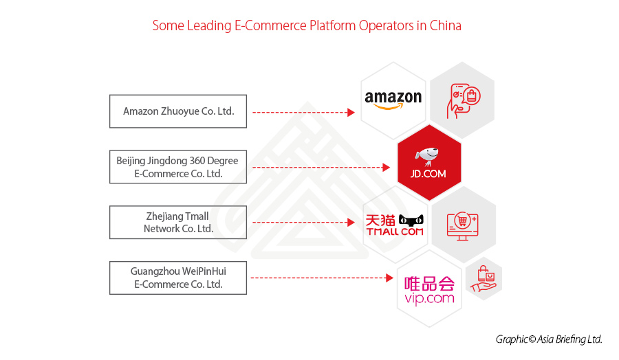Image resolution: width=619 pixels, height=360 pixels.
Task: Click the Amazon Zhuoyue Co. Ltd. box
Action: tap(177, 111)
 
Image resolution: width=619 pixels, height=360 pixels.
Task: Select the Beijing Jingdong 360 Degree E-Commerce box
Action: tap(177, 167)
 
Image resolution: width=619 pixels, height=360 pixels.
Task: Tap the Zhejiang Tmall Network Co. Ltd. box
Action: tap(177, 223)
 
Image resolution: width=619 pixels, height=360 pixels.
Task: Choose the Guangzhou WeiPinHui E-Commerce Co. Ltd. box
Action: tap(177, 278)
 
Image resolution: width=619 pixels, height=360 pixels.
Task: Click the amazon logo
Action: tap(393, 100)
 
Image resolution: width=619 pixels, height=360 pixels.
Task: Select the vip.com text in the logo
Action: tap(430, 298)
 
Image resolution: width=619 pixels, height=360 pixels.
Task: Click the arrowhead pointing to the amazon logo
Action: tap(351, 111)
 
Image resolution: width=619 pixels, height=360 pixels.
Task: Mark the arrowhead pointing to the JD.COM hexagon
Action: tap(386, 167)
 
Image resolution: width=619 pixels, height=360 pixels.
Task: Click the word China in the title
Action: tap(445, 26)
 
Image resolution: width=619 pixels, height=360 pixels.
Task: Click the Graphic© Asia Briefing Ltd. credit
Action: tap(549, 339)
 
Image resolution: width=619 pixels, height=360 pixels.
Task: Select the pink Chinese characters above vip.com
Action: tap(430, 282)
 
